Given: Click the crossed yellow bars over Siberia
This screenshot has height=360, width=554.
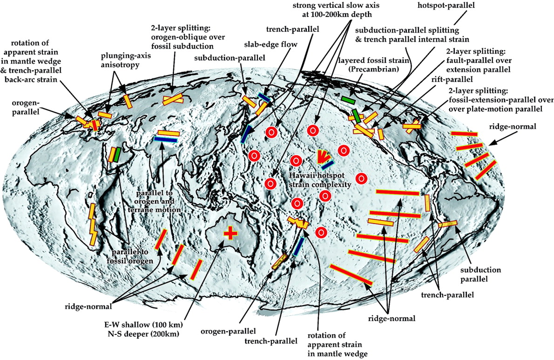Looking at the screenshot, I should click(x=173, y=99).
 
